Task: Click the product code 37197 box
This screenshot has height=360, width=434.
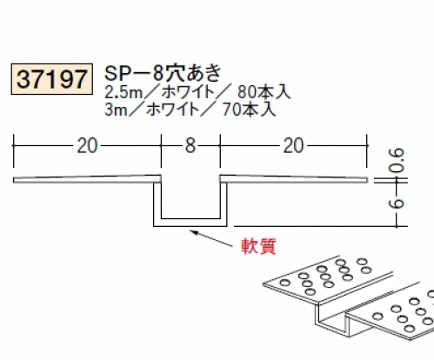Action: pos(52,79)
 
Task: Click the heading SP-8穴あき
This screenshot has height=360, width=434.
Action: pos(163,73)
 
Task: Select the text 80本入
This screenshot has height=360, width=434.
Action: pos(264,92)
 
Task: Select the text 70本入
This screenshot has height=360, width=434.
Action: pos(249,110)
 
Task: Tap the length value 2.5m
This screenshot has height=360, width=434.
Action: pos(124,93)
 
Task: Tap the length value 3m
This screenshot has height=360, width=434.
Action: pos(115,110)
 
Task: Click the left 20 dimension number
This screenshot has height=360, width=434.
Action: pos(87,146)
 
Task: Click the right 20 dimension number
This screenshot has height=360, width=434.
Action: pos(293,146)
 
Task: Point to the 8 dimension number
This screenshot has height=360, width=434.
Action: pos(190,146)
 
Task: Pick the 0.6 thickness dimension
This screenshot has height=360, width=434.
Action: pos(397,160)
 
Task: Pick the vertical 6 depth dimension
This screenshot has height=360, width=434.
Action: pos(397,203)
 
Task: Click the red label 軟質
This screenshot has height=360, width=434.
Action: pos(258,246)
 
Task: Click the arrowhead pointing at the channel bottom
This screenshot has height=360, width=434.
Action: pos(194,232)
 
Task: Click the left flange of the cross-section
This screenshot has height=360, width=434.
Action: pos(87,179)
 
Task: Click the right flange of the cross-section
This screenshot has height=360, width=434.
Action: pos(293,179)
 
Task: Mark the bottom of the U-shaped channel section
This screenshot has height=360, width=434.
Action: pos(190,223)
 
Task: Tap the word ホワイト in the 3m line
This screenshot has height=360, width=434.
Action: pos(172,110)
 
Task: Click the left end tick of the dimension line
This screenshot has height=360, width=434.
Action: pos(13,150)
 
